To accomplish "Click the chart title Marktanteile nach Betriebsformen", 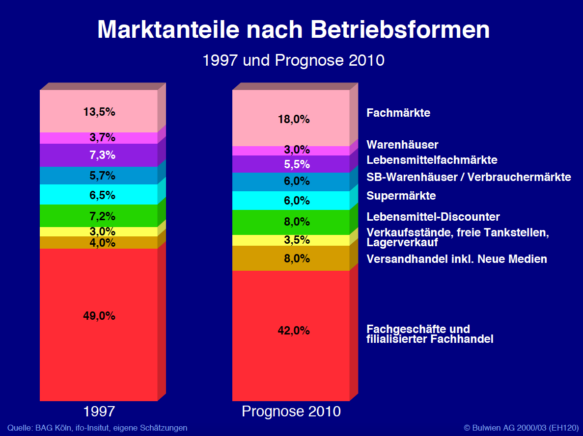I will click(x=293, y=30).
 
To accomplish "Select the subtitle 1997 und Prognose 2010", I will click(x=293, y=61).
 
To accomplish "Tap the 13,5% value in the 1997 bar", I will click(x=99, y=112).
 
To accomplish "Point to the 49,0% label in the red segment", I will click(x=99, y=316).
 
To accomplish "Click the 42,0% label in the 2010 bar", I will click(x=293, y=331).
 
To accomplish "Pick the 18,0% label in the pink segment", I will click(x=293, y=119).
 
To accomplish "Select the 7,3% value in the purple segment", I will click(x=102, y=155).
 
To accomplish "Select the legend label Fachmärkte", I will click(x=398, y=113).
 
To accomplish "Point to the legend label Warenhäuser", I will click(x=402, y=145).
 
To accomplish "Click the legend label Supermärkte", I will click(x=401, y=196).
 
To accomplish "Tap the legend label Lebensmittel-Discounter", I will click(x=433, y=217).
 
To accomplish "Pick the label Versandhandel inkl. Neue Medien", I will click(x=457, y=259).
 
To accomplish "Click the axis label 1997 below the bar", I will click(x=99, y=411).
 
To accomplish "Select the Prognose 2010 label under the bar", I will click(x=291, y=411).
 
